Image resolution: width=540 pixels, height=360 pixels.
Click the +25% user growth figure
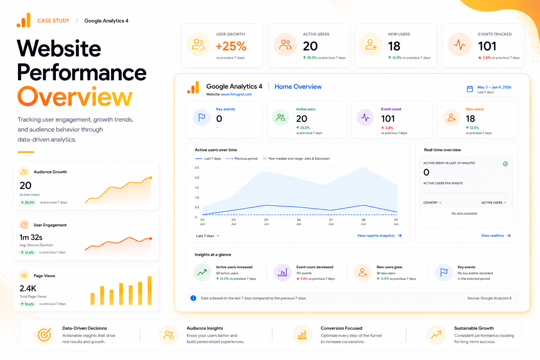click(231, 46)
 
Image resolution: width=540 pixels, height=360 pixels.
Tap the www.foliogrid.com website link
click(236, 94)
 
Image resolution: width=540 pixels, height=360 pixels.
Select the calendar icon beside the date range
click(470, 89)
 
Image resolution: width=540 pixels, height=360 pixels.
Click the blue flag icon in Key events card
click(202, 117)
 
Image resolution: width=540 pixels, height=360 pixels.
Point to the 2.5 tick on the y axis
click(197, 168)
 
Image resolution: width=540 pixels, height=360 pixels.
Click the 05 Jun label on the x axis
click(266, 222)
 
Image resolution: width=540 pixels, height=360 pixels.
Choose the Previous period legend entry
click(242, 159)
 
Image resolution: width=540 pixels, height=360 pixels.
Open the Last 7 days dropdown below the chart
click(207, 236)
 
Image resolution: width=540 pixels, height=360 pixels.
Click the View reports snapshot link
click(379, 236)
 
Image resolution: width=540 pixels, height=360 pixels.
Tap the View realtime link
click(496, 236)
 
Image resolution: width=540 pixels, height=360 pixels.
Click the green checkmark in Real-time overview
click(505, 164)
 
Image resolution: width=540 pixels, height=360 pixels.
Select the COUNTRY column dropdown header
click(432, 202)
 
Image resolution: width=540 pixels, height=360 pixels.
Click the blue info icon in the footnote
click(193, 298)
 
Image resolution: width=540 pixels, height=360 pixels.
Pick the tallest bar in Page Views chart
click(149, 290)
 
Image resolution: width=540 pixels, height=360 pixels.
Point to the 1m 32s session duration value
click(31, 238)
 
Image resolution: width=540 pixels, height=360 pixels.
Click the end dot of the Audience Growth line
click(151, 178)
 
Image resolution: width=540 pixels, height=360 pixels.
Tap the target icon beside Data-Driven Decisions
click(44, 335)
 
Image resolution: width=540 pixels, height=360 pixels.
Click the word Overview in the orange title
click(75, 96)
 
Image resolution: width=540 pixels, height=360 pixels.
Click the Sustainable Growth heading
click(474, 328)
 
